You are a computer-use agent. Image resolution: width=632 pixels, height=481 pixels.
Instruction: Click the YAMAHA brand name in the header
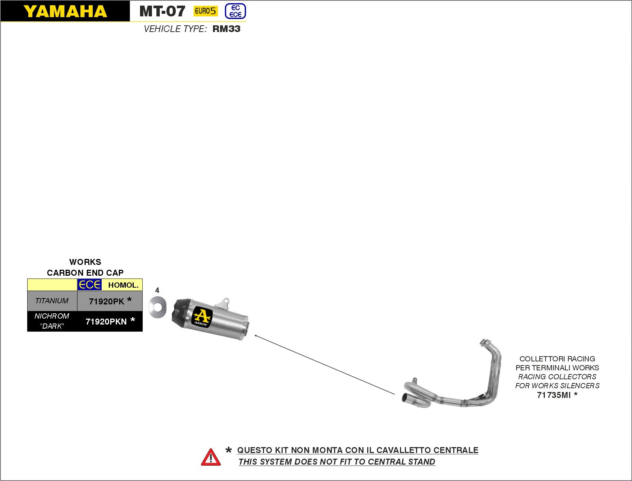point(65,12)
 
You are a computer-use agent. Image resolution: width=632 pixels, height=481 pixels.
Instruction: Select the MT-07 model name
point(162,12)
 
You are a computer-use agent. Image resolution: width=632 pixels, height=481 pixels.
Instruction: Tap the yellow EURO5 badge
point(205,11)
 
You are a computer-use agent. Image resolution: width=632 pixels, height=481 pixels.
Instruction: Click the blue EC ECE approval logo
point(235,11)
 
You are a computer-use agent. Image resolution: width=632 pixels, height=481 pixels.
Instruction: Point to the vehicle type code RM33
point(226,29)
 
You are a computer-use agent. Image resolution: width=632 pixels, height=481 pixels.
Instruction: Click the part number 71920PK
point(107,301)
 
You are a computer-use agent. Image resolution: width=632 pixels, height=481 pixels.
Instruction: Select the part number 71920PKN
point(106,322)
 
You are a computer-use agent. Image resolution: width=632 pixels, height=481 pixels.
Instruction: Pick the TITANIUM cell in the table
point(52,301)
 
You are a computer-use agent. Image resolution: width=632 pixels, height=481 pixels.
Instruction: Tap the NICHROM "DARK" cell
point(52,321)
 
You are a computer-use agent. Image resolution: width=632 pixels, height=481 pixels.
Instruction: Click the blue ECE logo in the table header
point(89,285)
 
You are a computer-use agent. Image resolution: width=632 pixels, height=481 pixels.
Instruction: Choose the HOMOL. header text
point(123,285)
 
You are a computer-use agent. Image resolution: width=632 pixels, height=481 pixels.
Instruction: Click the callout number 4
point(157,290)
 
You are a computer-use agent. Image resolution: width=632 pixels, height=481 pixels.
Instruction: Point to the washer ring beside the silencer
point(157,307)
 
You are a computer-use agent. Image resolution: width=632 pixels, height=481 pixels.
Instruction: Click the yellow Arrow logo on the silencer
point(201,317)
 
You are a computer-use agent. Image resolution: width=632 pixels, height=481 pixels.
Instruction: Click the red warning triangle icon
point(211,457)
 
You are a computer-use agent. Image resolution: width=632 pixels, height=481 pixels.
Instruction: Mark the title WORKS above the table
point(85,262)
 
